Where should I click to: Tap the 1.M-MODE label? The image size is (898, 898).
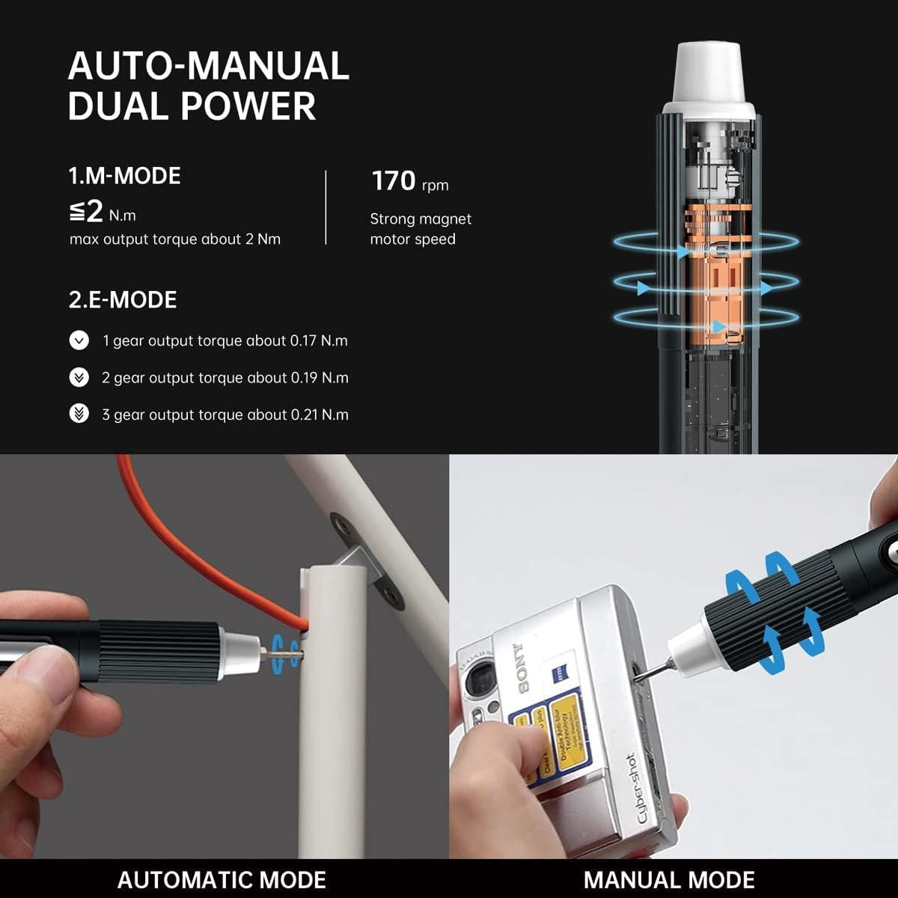coord(125,176)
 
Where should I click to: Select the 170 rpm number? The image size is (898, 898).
coord(394,181)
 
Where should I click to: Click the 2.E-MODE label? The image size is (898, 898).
coord(123,300)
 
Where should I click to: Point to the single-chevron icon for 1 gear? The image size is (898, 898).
coord(79,341)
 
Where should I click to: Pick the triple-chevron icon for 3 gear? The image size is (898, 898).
coord(79,414)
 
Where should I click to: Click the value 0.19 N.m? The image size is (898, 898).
coord(320,378)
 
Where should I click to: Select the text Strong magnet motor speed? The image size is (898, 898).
coord(420,229)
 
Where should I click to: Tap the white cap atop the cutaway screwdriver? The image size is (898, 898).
coord(708,79)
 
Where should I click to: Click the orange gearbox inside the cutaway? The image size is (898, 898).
coord(708,292)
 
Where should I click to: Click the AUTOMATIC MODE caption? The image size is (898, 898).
coord(222,879)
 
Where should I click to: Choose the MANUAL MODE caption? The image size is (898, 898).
coord(669,879)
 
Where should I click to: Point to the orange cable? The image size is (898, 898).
coord(172,539)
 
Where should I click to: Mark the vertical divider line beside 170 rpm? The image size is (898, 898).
coord(326,207)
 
